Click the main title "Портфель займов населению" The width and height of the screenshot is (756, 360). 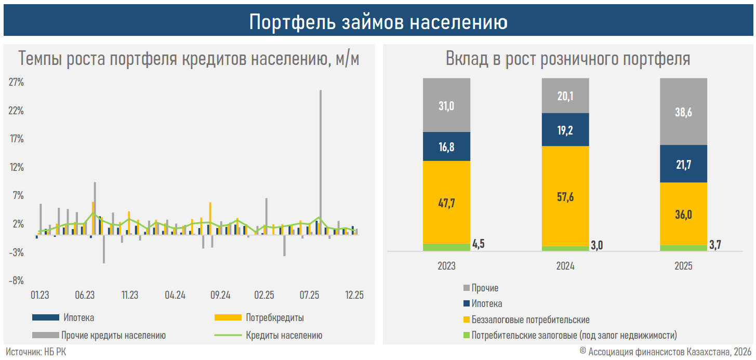coord(378,22)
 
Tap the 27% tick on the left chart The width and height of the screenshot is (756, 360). coord(16,82)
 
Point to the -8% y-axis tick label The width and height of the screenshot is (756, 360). coord(16,281)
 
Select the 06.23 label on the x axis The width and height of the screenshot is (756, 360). coord(85,295)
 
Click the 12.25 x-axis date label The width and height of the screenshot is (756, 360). coord(354,295)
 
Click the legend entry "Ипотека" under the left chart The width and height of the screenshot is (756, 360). coord(79,317)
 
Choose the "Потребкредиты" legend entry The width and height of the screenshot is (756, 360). coord(274,317)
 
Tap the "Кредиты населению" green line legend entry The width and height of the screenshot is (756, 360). coord(284,335)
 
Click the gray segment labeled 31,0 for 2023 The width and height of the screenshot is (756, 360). coord(446,105)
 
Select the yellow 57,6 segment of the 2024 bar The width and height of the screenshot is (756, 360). coord(565,196)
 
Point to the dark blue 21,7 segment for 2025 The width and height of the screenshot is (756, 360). coord(683,164)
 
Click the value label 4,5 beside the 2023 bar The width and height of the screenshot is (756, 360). coord(478,244)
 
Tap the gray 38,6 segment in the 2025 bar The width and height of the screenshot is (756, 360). coord(683,112)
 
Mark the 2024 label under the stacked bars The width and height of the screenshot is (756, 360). coord(565,266)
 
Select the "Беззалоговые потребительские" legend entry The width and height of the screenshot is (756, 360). coord(530,319)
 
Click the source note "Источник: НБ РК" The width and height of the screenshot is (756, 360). coord(36,352)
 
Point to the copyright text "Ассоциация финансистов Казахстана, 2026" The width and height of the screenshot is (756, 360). coord(670,352)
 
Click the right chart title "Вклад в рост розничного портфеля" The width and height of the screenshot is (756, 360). coord(568,59)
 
